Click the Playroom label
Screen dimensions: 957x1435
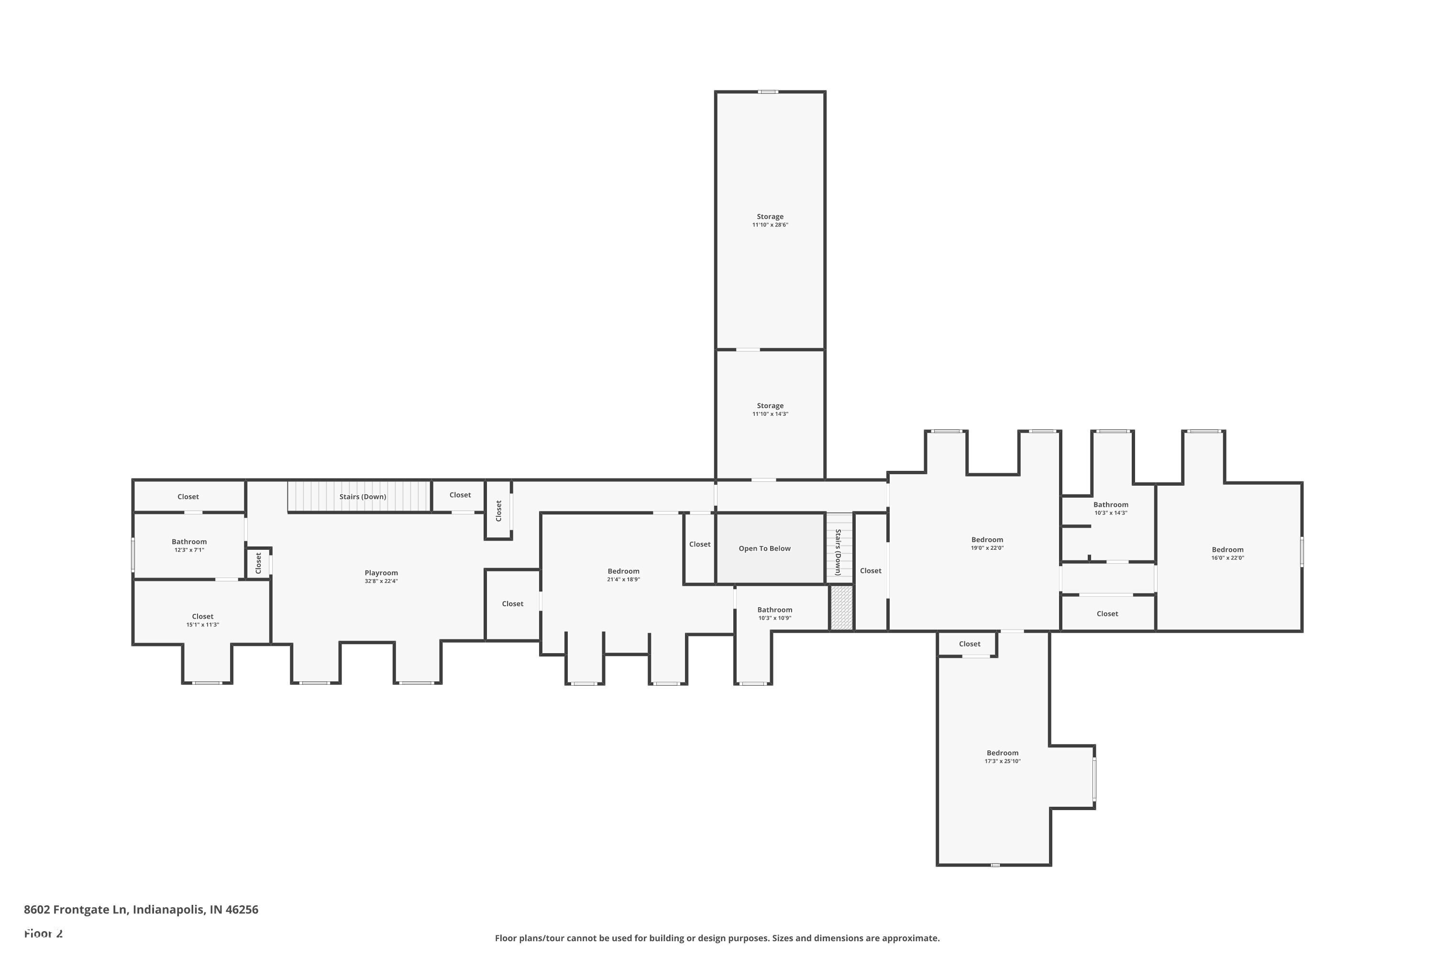point(381,572)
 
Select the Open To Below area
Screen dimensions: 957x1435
point(764,548)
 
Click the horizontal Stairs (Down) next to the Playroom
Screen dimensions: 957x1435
point(363,496)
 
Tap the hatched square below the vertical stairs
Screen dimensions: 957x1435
point(841,608)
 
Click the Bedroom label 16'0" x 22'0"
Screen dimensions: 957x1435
point(1227,549)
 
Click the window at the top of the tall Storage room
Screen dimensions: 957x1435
point(768,91)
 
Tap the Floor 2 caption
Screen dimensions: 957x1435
point(44,933)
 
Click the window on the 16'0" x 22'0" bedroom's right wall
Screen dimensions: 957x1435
point(1302,551)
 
